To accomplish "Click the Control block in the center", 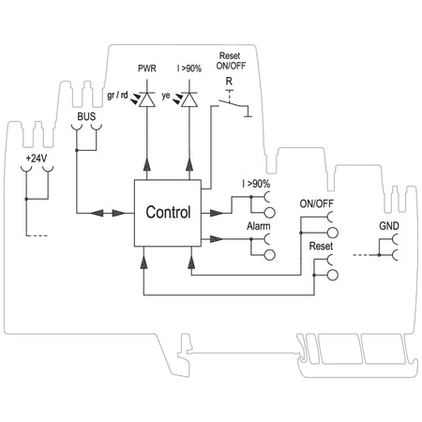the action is click(x=168, y=213).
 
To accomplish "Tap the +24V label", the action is click(x=37, y=158).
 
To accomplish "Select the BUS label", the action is click(x=86, y=116).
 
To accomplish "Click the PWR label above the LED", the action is click(x=147, y=68).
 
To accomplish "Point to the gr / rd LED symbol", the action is click(x=146, y=99).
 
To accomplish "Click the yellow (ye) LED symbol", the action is click(x=189, y=99).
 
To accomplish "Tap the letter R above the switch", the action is click(x=229, y=82).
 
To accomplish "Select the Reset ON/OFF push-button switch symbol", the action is click(x=233, y=105).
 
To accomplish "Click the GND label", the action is click(x=389, y=226).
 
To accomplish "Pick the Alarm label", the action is click(x=258, y=226).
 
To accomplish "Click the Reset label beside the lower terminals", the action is click(x=321, y=246).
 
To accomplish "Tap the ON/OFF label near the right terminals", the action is click(x=316, y=203).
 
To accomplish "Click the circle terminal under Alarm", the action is click(x=270, y=255).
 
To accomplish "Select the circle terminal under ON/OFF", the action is click(x=333, y=233).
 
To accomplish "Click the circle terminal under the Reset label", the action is click(x=333, y=275).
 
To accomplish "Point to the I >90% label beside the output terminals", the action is click(x=256, y=184).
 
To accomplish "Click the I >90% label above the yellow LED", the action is click(x=189, y=68).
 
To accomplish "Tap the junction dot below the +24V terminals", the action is click(x=26, y=199).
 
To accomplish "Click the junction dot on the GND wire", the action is click(x=379, y=255).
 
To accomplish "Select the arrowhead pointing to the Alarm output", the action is click(x=217, y=239).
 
